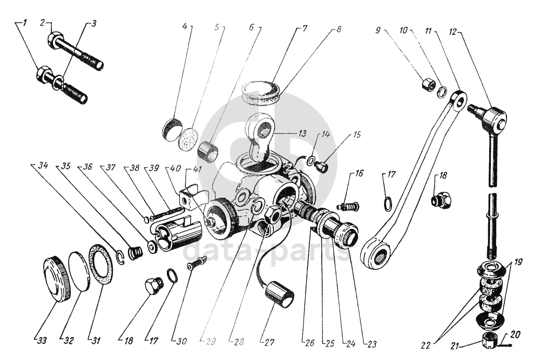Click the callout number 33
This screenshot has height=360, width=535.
click(42, 340)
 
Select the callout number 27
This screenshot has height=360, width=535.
click(269, 342)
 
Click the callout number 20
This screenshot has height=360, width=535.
click(515, 335)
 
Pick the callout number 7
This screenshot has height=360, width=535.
click(304, 28)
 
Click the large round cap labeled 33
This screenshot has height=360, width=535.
click(57, 278)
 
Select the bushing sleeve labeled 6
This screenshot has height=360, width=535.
click(208, 150)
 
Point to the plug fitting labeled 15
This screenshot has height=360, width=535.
click(322, 168)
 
